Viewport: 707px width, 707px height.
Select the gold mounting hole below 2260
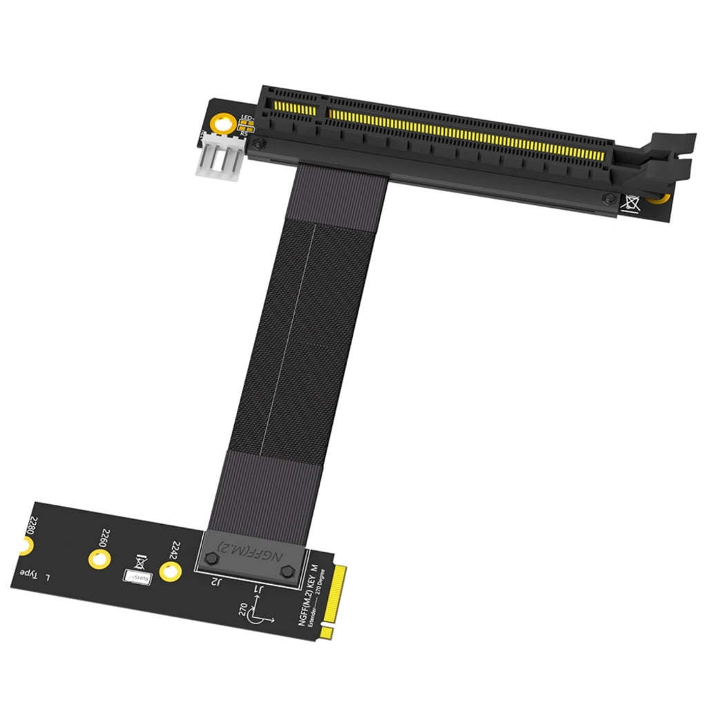(x=97, y=559)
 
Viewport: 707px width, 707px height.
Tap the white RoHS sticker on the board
(x=136, y=577)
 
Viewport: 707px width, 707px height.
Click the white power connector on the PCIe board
(x=223, y=163)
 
